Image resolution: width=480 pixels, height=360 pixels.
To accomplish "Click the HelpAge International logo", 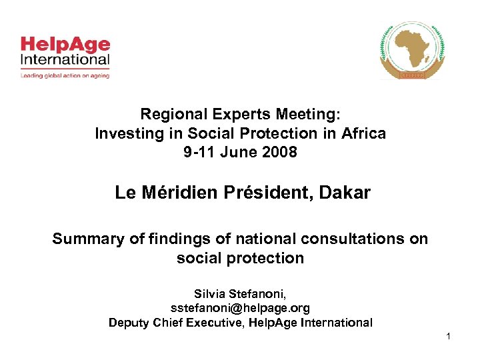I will point(64,53).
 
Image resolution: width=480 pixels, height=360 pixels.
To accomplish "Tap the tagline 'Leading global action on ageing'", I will point(64,76).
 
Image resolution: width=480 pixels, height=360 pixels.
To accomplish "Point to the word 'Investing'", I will point(125,133).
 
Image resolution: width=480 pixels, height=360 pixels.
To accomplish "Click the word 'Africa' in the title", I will point(363,133).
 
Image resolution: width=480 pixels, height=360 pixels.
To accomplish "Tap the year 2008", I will point(279,152).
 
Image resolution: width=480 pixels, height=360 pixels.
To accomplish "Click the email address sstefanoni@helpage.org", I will point(240,308).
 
